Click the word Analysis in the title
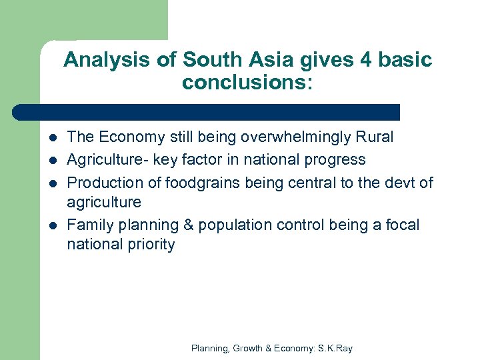tap(96, 61)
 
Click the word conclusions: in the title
tap(247, 83)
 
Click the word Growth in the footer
tap(250, 348)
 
